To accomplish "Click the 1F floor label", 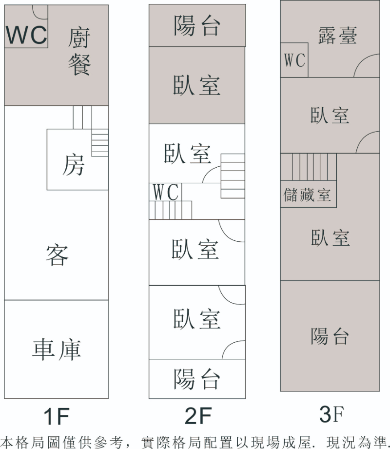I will point(57,417).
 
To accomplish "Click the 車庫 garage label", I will point(57,350).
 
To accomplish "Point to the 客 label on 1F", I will point(57,255).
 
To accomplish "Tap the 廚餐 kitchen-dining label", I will point(79,52).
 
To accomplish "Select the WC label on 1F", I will point(26,34).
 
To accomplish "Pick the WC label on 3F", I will point(294,60).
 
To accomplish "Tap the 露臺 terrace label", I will point(337,36).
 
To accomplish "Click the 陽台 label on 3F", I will point(330,336).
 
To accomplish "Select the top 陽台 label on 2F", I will point(197,26).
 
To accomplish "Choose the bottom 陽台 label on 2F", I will point(197,379).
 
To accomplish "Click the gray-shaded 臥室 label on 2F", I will point(197,85).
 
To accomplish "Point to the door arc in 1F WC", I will point(40,13).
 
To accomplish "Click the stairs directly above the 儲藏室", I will point(309,167).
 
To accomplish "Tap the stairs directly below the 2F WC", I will point(170,210).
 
